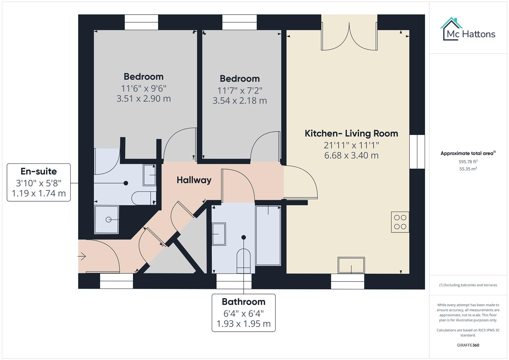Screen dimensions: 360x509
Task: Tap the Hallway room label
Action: (x=194, y=180)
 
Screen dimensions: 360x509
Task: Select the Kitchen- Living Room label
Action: (x=351, y=133)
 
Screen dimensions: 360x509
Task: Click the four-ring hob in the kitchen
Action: (x=400, y=222)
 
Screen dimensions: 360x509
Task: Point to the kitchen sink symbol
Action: (x=351, y=265)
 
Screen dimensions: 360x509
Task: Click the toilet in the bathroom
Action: (x=243, y=258)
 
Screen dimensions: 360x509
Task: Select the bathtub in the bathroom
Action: (x=268, y=235)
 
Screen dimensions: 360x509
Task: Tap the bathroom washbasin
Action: (x=219, y=234)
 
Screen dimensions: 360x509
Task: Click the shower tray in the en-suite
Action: (x=107, y=220)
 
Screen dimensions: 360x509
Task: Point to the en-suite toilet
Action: (x=143, y=198)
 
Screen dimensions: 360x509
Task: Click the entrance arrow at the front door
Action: (x=82, y=256)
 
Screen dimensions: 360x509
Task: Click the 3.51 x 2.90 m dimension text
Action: (x=143, y=99)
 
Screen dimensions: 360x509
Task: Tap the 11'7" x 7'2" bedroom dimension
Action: (x=240, y=90)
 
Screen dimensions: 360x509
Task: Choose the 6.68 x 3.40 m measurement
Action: (x=351, y=155)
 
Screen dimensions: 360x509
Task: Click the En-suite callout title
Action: (x=39, y=171)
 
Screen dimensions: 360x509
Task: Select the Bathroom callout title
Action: (x=243, y=302)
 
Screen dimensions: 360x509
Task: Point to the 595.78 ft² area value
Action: (x=468, y=162)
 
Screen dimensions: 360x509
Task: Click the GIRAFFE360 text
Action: (x=468, y=345)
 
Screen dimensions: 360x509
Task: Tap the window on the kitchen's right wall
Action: (x=417, y=152)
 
